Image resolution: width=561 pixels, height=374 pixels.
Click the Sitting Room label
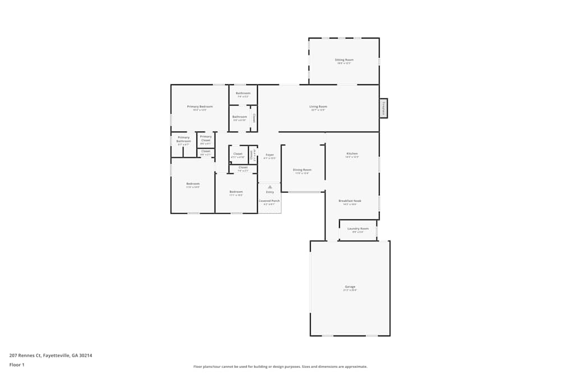[344, 59]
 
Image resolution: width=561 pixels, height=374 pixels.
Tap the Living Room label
[318, 106]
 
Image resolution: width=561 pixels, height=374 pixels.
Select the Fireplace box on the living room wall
[384, 108]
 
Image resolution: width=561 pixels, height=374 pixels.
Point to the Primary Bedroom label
[200, 106]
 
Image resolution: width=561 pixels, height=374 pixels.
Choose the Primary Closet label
[206, 138]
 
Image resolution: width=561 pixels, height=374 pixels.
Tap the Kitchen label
[352, 153]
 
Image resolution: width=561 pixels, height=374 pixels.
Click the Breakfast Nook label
[350, 200]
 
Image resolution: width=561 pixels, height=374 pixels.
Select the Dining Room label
[302, 169]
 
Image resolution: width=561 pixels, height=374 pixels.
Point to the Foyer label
[270, 154]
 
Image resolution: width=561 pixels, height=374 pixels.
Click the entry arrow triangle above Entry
[270, 186]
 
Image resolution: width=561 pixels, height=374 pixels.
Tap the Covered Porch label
[269, 200]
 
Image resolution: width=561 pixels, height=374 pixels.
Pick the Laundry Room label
[358, 228]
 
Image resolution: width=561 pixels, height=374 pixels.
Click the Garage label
[350, 287]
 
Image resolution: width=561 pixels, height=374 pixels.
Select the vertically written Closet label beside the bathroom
[254, 118]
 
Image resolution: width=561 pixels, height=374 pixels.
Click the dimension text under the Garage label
[350, 290]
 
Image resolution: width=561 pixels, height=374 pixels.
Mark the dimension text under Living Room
[318, 110]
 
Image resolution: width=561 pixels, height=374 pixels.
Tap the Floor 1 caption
[17, 364]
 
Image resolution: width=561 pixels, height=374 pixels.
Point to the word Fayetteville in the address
[59, 355]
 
